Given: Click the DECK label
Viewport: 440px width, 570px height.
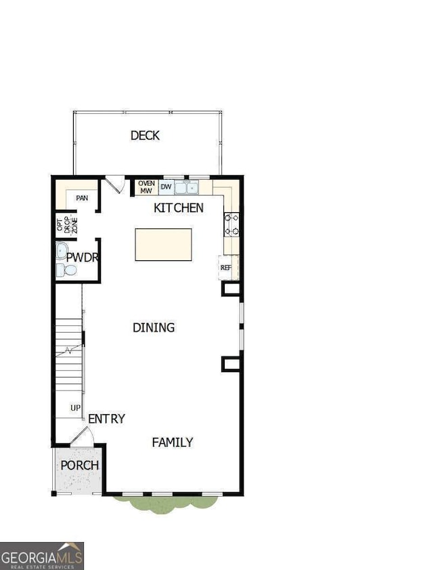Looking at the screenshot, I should (145, 136).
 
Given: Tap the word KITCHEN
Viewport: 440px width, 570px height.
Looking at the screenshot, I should (179, 207).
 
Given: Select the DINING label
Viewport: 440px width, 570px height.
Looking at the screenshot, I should (154, 327).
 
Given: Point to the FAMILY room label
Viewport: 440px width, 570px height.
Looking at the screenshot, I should (172, 442).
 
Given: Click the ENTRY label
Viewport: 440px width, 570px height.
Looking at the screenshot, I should (106, 419).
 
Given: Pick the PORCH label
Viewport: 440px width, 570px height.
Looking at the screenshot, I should (80, 466).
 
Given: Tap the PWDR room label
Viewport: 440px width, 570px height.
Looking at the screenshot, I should (83, 258).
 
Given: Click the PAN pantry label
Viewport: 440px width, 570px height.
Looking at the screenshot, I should (82, 198).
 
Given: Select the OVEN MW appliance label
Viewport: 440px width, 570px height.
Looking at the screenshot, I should (146, 187).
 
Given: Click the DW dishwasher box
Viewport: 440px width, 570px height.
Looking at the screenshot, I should (166, 186).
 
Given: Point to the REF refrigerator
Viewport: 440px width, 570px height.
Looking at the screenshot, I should (226, 268).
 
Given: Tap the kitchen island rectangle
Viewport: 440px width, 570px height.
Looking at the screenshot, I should (162, 245).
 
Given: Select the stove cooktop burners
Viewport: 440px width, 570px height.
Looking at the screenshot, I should (232, 224).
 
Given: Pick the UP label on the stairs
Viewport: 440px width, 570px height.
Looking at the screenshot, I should (76, 408).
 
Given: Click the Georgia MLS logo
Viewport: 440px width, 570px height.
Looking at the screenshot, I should (42, 555).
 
